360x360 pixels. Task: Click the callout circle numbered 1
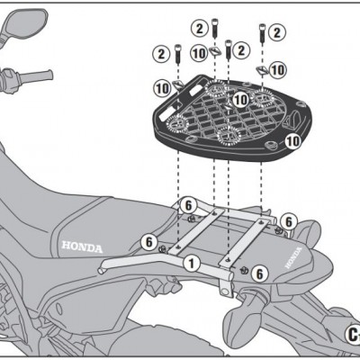192,264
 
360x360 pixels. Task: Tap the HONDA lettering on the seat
82,247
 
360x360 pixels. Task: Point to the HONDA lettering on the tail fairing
293,257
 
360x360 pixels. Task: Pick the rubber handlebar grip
37,76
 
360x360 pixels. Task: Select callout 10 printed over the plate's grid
240,99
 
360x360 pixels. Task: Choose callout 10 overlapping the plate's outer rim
292,141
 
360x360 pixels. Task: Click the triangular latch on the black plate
292,120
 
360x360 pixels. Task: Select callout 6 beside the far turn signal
288,222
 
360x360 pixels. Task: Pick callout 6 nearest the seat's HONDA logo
149,242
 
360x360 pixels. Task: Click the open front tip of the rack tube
101,270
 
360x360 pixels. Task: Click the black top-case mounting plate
233,118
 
